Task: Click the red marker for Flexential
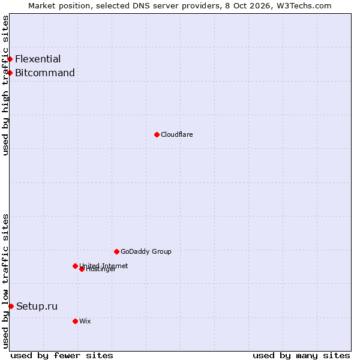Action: click(10, 59)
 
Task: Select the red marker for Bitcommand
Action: click(10, 73)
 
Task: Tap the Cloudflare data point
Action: click(157, 135)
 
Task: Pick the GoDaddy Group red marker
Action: click(116, 252)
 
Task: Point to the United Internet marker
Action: click(75, 266)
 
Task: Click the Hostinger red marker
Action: click(82, 269)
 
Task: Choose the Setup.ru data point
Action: click(11, 306)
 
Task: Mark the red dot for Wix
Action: click(75, 322)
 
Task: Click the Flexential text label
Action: click(38, 59)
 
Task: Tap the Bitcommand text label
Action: click(45, 73)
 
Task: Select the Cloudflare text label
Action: click(177, 134)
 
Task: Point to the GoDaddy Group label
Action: click(146, 251)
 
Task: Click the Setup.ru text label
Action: click(37, 306)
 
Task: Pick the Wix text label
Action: click(85, 321)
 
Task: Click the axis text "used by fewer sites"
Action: click(62, 356)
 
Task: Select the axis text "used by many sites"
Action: click(301, 356)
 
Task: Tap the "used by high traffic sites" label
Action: click(5, 85)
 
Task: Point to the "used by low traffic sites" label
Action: click(5, 281)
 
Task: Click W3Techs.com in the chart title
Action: click(304, 6)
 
